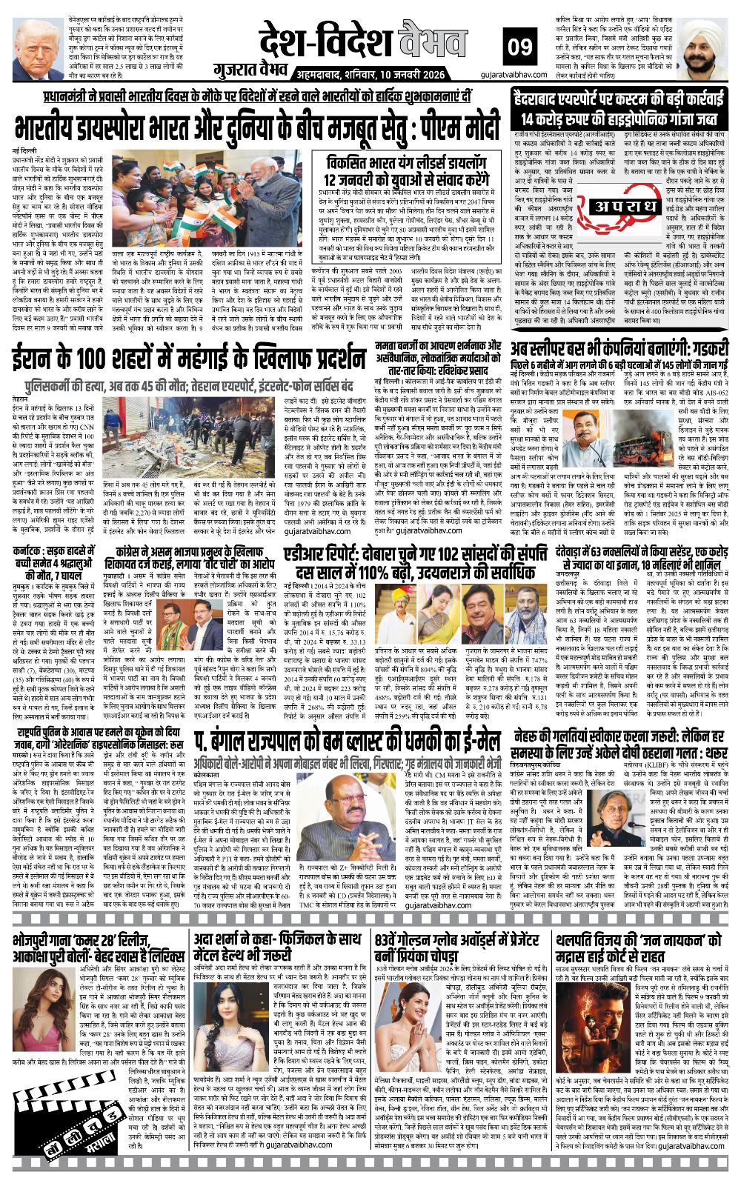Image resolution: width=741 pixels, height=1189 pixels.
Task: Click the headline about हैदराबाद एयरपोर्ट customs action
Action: [619, 107]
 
